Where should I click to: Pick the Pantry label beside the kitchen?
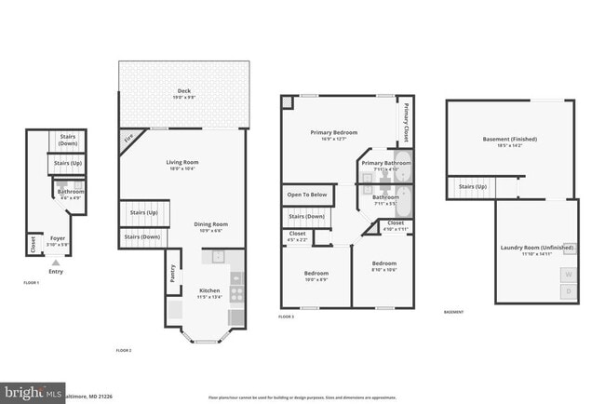point(172,274)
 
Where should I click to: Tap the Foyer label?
point(57,238)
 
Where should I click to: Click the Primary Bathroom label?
point(385,163)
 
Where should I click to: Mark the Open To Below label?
point(306,195)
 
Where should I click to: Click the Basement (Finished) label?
point(509,140)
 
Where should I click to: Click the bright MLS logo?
point(34,392)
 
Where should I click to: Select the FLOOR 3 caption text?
point(287,316)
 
